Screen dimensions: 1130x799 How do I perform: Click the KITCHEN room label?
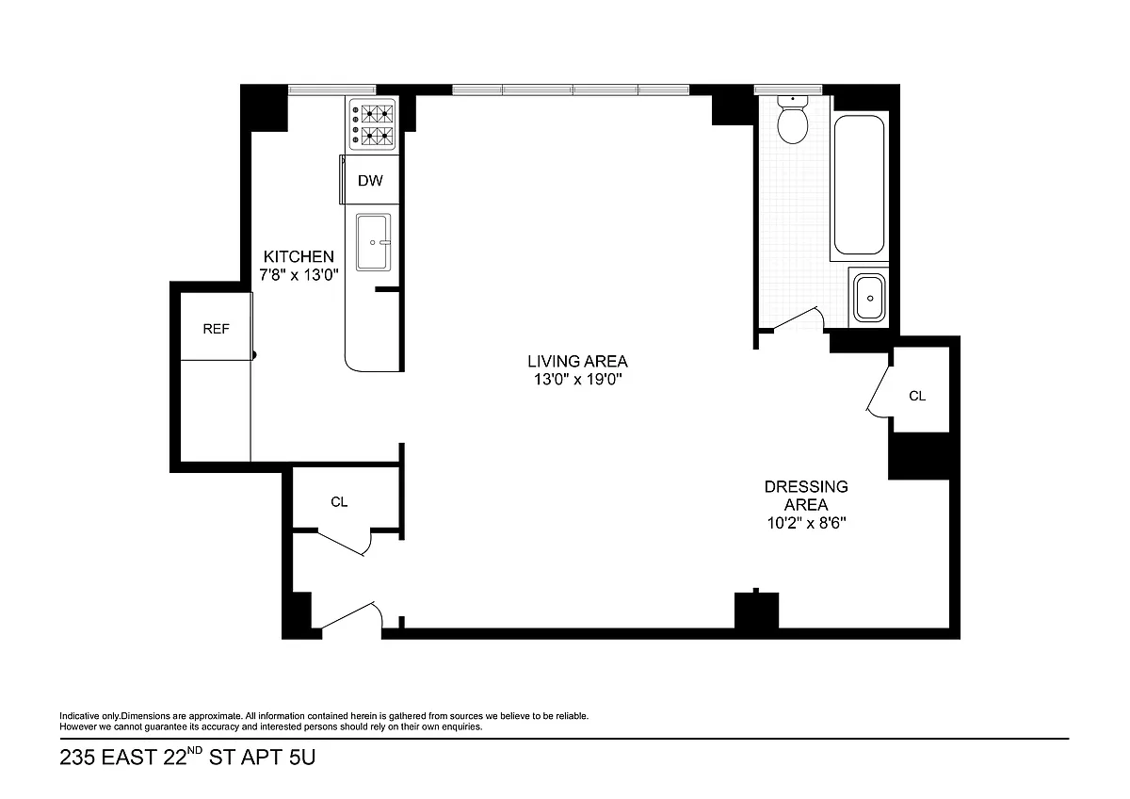coord(299,256)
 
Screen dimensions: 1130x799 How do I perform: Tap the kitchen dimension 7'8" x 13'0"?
coord(299,275)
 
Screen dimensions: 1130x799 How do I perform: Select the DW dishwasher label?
coord(370,181)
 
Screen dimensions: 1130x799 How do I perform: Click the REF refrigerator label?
coord(216,329)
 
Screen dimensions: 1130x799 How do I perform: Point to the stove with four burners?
coord(373,124)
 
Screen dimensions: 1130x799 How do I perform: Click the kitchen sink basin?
coord(373,242)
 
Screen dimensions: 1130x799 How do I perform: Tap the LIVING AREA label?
coord(577,362)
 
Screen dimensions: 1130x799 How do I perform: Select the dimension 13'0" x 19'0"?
coord(577,379)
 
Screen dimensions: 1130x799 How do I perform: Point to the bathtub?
coord(859,185)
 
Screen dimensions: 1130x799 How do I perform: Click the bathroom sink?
coord(870,299)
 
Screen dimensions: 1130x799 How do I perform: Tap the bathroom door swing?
coord(799,318)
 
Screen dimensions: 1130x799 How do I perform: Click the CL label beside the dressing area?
coord(917,397)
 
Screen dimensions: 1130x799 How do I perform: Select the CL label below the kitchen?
coord(339,501)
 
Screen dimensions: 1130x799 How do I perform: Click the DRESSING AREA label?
coord(806,496)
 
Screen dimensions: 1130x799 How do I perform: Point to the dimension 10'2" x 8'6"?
coord(806,523)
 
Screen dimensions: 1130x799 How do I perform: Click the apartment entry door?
coord(352,616)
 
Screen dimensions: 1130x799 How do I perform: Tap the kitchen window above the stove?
coord(331,90)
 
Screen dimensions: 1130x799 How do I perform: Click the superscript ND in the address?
coord(195,750)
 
